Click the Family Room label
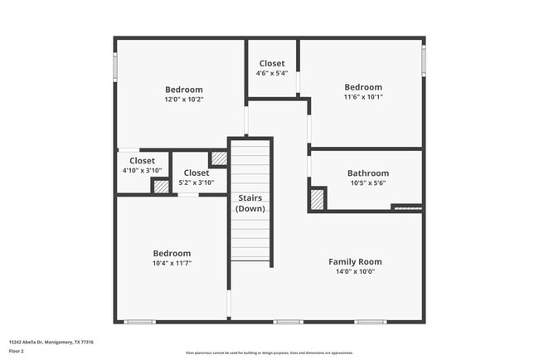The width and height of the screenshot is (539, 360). [x=355, y=261]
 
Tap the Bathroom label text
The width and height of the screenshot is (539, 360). [x=367, y=173]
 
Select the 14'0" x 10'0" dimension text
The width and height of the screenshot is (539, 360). [x=355, y=271]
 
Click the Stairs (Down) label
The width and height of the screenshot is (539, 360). [x=250, y=203]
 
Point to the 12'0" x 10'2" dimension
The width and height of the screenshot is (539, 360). [x=184, y=100]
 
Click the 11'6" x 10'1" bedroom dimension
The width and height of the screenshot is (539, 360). [x=363, y=97]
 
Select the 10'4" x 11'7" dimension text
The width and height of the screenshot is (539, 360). [x=172, y=263]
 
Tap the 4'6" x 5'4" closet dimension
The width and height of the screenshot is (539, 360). [x=272, y=73]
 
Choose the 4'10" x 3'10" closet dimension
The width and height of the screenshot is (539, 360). [x=142, y=170]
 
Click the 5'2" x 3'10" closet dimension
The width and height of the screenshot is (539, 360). [x=197, y=182]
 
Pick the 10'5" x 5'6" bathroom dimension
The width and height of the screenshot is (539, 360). [x=367, y=183]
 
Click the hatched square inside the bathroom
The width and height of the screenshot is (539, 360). [x=317, y=199]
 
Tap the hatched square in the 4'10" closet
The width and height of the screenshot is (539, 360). [x=161, y=186]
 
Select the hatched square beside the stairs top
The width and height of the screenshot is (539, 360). [x=218, y=158]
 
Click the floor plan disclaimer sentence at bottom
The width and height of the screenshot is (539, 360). [x=269, y=353]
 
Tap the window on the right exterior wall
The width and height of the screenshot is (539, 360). [x=423, y=58]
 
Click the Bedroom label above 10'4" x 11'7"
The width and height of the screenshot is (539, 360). [x=172, y=253]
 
